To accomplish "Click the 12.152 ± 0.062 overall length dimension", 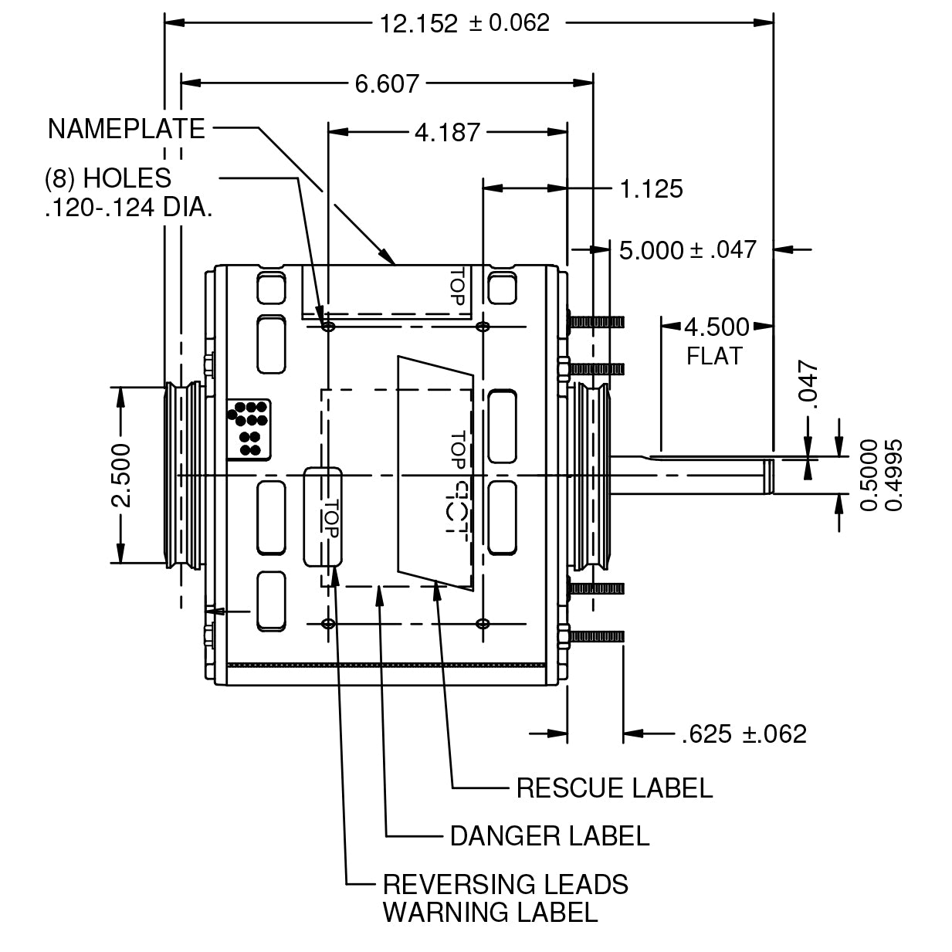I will pyautogui.click(x=464, y=23).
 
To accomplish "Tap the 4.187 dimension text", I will pyautogui.click(x=447, y=133).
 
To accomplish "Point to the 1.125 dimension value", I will pyautogui.click(x=652, y=188).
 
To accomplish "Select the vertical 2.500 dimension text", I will pyautogui.click(x=120, y=475).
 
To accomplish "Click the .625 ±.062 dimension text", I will pyautogui.click(x=744, y=733).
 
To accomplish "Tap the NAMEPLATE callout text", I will pyautogui.click(x=127, y=129).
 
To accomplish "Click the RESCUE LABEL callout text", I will pyautogui.click(x=614, y=788).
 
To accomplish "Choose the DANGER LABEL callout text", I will pyautogui.click(x=550, y=835).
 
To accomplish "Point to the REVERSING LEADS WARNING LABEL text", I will pyautogui.click(x=505, y=898).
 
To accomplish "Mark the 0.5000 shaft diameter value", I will pyautogui.click(x=869, y=475).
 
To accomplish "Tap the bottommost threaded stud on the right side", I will pyautogui.click(x=597, y=637).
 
